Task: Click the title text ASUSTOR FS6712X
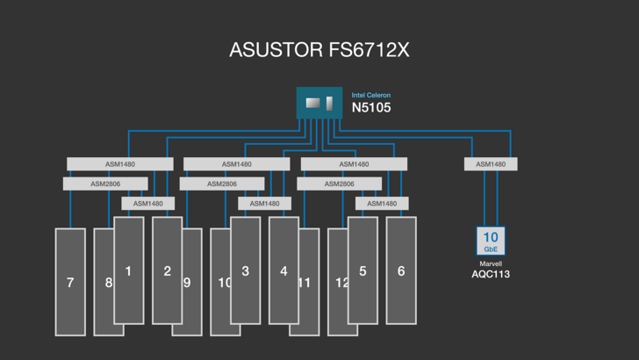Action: point(319,50)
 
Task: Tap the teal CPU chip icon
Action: point(319,104)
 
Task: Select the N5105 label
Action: point(371,108)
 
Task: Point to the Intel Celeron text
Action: point(371,95)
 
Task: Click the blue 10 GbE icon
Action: point(491,241)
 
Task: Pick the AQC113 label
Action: point(491,274)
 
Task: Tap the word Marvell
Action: point(491,263)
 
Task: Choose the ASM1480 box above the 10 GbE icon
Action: point(491,164)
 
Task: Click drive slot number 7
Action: point(70,283)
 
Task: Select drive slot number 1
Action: point(128,270)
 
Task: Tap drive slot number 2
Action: point(167,270)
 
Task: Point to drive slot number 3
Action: point(245,270)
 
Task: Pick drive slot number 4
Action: point(284,270)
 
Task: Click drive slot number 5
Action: point(363,270)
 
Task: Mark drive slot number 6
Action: point(401,270)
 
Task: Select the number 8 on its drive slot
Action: point(109,283)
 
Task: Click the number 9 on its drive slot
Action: point(187,283)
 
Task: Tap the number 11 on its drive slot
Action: point(305,283)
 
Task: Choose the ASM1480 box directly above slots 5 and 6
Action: point(382,204)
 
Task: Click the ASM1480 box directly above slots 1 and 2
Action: point(147,204)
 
